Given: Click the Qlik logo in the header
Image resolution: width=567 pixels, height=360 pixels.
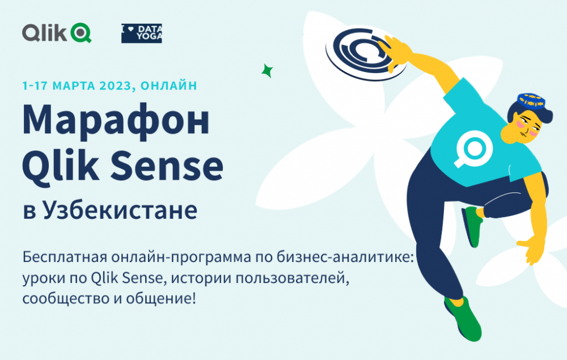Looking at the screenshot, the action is click(x=56, y=32).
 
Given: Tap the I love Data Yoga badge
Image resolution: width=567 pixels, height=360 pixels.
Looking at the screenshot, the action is click(x=141, y=33).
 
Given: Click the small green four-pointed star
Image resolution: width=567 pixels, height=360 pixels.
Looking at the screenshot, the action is click(x=267, y=70).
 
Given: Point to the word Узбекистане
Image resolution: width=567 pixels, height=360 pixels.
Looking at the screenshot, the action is click(x=120, y=210).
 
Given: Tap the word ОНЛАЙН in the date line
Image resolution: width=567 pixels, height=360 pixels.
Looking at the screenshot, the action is click(x=169, y=86).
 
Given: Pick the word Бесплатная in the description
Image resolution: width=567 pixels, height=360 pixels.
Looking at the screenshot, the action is click(x=65, y=257).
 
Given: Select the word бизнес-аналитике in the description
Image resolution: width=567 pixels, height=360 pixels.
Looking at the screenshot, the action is click(x=345, y=257).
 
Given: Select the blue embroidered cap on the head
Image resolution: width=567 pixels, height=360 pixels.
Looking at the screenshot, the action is click(x=531, y=101).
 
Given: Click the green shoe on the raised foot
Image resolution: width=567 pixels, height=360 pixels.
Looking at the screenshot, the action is click(x=472, y=226).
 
